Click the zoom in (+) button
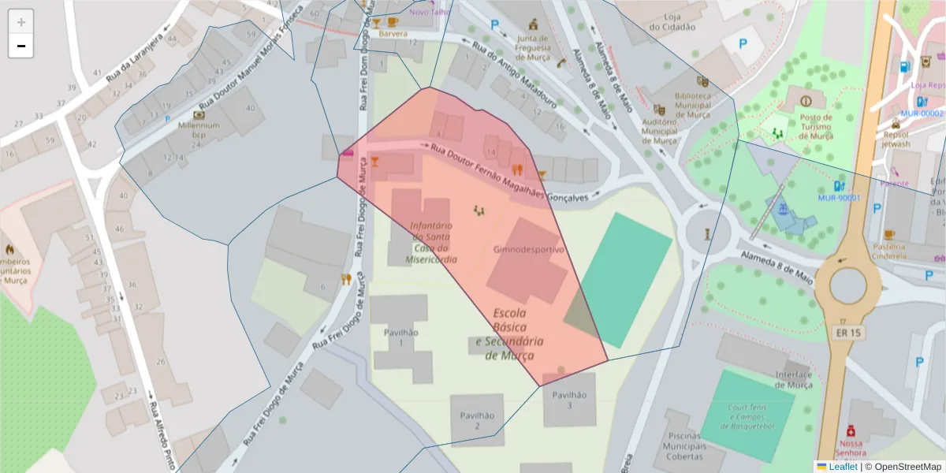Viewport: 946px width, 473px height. point(21,22)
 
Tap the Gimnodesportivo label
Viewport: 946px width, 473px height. point(529,249)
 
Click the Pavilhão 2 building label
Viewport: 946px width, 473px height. point(478,421)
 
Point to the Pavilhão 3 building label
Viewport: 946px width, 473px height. point(569,400)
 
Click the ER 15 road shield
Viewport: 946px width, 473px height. point(847,333)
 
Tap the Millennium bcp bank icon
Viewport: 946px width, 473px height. point(199,115)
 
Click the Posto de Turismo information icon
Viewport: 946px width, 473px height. point(805,101)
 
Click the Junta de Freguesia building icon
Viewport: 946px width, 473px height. point(534,24)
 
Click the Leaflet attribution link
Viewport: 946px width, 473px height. point(843,467)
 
